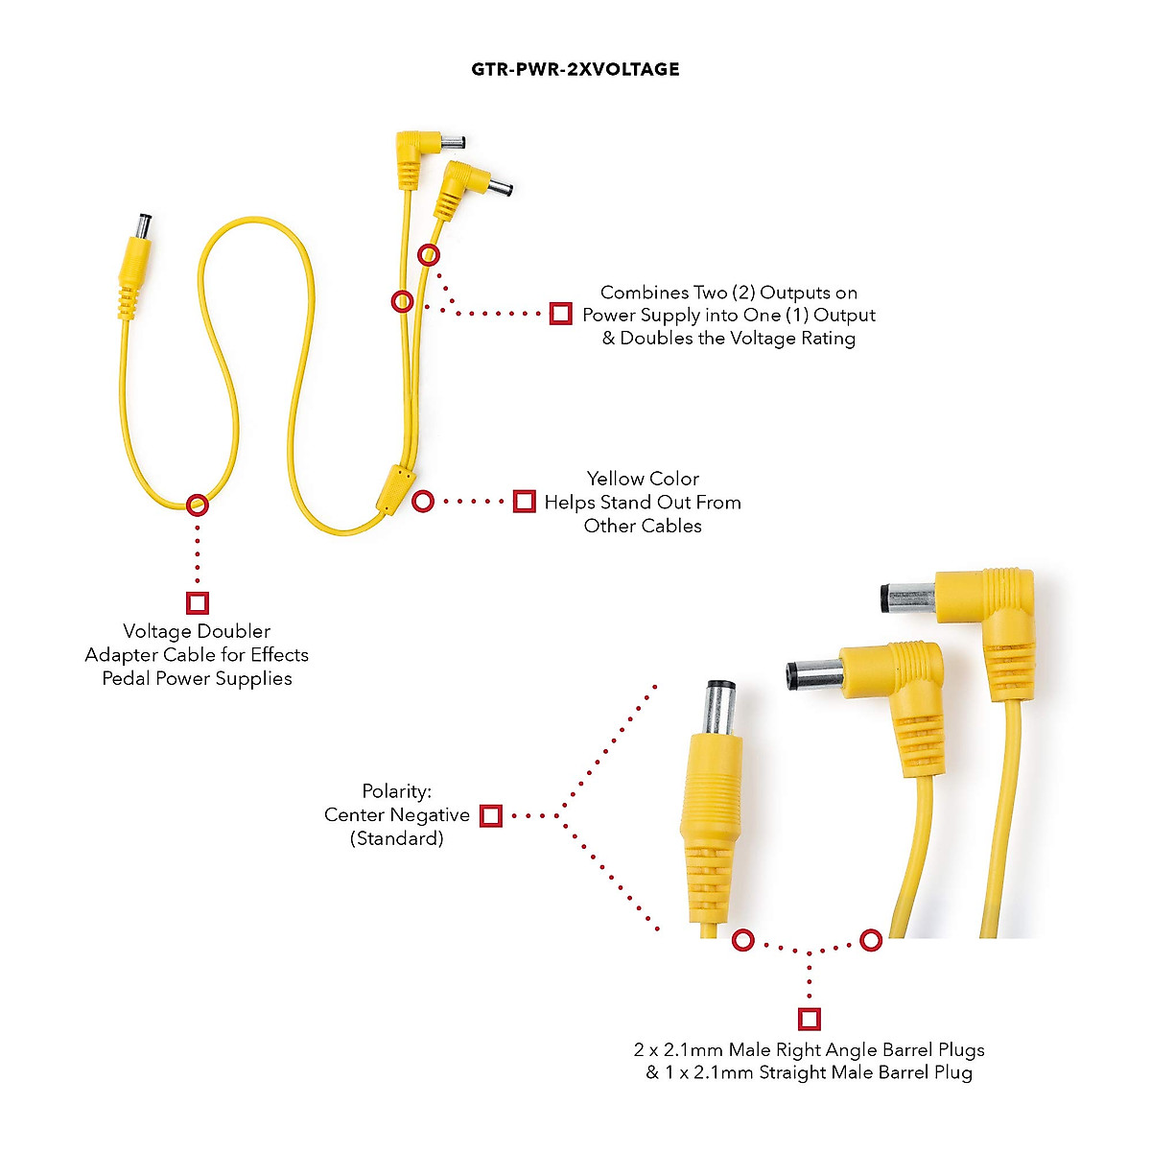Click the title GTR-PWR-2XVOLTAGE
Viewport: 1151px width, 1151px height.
[x=575, y=69]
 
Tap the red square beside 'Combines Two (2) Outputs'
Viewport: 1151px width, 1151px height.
[x=561, y=313]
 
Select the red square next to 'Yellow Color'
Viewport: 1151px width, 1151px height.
[x=524, y=501]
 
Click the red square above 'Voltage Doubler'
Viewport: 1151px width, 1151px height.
[x=198, y=602]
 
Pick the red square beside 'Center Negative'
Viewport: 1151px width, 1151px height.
[x=490, y=815]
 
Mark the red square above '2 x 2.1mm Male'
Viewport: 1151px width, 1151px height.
[x=809, y=1018]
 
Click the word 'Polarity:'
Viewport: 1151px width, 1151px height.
[x=396, y=791]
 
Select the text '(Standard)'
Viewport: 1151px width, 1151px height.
[x=396, y=838]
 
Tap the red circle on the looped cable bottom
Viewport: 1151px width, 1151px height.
[x=197, y=504]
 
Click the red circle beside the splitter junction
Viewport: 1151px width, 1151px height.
[x=423, y=501]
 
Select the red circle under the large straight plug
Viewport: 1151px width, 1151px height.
[x=743, y=940]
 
